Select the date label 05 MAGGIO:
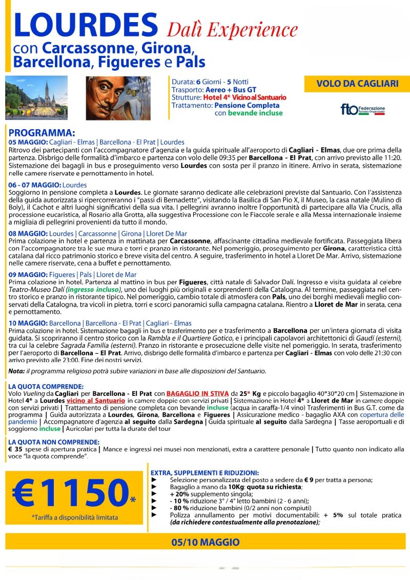28,142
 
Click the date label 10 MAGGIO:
28,324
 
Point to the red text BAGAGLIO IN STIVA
200,393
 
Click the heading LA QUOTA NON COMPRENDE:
54,442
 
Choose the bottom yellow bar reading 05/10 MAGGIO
205,543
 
